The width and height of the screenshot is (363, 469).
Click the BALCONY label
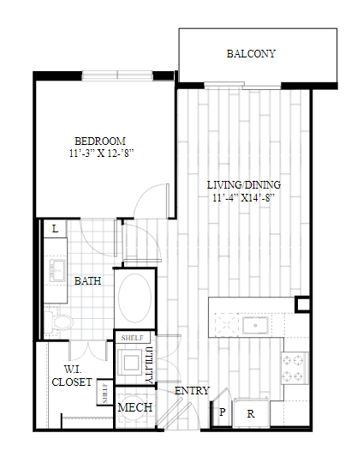coord(251,54)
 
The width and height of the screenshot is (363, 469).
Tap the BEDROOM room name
coord(100,141)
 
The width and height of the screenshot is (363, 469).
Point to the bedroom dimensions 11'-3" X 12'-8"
coord(101,153)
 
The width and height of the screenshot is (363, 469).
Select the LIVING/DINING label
coord(244,185)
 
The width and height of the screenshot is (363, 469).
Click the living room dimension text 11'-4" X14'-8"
coord(243,198)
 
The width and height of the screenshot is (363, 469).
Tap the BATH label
coord(87,281)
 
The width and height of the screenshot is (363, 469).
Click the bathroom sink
coord(57,270)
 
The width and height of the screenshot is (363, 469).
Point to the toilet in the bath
coord(59,322)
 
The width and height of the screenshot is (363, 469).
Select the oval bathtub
coord(134,298)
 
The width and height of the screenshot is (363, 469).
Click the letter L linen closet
coord(56,229)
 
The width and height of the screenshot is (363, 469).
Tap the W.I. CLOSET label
coord(72,376)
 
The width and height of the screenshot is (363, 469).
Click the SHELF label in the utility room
coord(133,338)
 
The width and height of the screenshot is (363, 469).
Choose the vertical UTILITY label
coord(148,365)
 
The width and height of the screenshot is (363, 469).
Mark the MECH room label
coord(135,407)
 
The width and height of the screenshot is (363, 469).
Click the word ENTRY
coord(192,391)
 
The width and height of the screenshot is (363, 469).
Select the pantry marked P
coord(223,412)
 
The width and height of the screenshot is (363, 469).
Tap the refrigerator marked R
coord(251,413)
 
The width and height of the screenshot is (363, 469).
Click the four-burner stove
coord(295,368)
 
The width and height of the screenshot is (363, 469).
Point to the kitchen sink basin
coord(255,326)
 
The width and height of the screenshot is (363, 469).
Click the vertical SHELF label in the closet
coord(104,393)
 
